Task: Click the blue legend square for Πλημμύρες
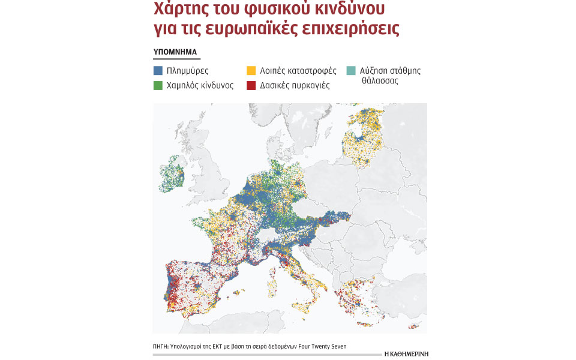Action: (158, 71)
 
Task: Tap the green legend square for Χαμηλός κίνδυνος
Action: (158, 86)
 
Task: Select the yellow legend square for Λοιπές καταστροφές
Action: (251, 71)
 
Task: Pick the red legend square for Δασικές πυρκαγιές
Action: (251, 86)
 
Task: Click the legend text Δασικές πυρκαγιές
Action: (295, 86)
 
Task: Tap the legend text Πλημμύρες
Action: (187, 71)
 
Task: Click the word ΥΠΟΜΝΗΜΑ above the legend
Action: (175, 52)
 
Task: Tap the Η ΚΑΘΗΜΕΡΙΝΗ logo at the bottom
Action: (406, 354)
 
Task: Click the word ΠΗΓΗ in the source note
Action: (161, 346)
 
